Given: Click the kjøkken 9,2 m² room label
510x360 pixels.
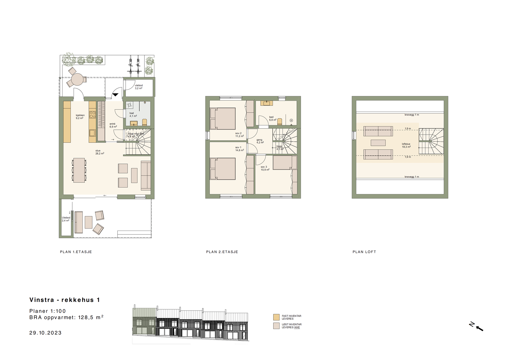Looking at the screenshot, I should pyautogui.click(x=80, y=117).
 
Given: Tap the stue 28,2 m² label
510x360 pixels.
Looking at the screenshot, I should pyautogui.click(x=99, y=152).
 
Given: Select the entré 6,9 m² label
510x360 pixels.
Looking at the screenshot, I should pyautogui.click(x=113, y=125).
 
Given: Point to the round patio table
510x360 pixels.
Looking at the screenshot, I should pyautogui.click(x=77, y=79).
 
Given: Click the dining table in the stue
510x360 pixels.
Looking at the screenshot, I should pyautogui.click(x=79, y=170).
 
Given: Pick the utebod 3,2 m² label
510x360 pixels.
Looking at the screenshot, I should pyautogui.click(x=139, y=87).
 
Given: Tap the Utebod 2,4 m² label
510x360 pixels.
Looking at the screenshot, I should pyautogui.click(x=66, y=219).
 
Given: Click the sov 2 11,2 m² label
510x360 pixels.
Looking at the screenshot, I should pyautogui.click(x=239, y=135).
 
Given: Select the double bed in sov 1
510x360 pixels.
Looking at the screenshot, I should pyautogui.click(x=223, y=168).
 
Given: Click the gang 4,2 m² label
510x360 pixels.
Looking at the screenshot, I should pyautogui.click(x=260, y=141).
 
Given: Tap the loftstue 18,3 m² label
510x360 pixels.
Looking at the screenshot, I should pyautogui.click(x=406, y=145).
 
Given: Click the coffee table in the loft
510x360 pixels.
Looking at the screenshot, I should pyautogui.click(x=378, y=143).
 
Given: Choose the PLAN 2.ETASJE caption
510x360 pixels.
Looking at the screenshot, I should pyautogui.click(x=222, y=252).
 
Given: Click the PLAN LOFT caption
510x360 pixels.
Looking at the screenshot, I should pyautogui.click(x=364, y=252).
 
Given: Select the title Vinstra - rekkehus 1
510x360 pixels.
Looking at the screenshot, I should pyautogui.click(x=65, y=300).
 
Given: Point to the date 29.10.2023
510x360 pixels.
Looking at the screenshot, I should pyautogui.click(x=45, y=333).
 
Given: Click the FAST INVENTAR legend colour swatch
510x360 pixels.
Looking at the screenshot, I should pyautogui.click(x=276, y=317).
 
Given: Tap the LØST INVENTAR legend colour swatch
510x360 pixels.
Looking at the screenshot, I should pyautogui.click(x=276, y=326).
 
